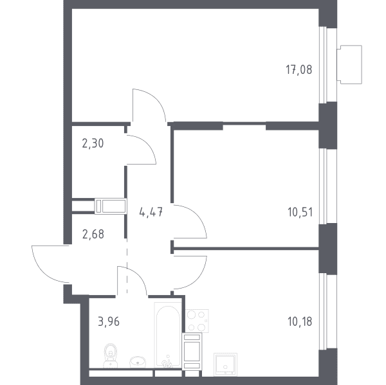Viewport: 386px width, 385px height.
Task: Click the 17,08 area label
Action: coord(299,69)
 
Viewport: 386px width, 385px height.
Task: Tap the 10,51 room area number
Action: coord(300,212)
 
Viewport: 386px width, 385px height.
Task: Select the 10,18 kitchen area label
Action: coord(300,321)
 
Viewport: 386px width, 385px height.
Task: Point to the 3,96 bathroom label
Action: coord(109,321)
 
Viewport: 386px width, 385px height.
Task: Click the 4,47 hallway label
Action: coord(151,212)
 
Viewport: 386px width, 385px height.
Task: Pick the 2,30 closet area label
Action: coord(93,143)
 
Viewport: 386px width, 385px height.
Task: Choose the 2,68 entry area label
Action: coord(93,234)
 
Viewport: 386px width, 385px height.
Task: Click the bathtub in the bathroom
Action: coord(168,335)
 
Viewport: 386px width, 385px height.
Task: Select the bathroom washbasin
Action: coord(138,361)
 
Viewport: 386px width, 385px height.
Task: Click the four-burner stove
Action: coord(198,321)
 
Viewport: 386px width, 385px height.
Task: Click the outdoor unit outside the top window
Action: coord(349,64)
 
